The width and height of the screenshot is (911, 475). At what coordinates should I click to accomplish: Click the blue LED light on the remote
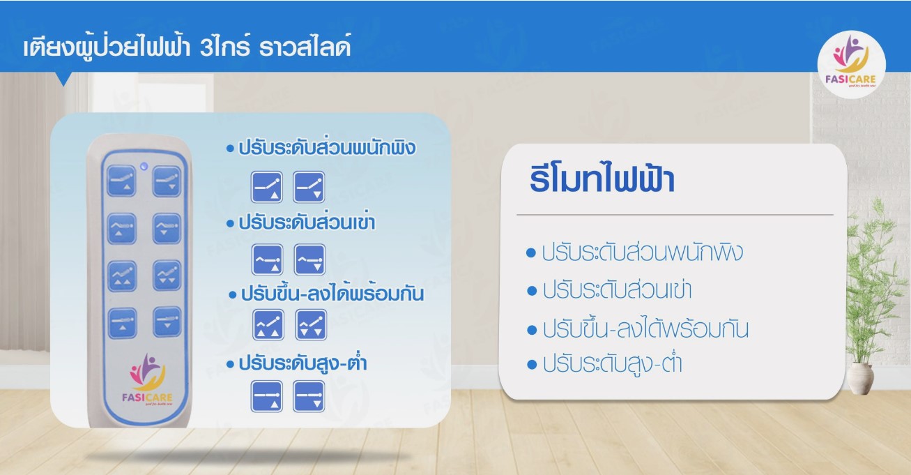(144, 167)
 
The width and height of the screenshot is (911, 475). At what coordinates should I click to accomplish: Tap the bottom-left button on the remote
(122, 323)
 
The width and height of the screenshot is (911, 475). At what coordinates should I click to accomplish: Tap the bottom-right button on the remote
(167, 323)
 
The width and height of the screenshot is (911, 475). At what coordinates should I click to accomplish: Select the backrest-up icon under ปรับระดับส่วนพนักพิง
(267, 186)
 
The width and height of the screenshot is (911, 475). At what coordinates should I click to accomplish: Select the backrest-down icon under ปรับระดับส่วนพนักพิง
(309, 186)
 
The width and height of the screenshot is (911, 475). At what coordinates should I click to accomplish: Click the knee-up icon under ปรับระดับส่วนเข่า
(267, 259)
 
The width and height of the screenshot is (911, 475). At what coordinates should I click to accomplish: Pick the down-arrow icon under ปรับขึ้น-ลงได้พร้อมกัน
(310, 325)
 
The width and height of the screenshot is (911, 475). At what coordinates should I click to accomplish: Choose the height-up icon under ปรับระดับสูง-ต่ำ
(267, 395)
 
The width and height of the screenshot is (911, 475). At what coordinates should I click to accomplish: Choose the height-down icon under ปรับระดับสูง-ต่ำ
(309, 395)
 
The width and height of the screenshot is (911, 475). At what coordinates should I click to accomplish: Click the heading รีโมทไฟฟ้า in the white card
(602, 181)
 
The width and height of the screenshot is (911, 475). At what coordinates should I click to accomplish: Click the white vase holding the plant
(861, 379)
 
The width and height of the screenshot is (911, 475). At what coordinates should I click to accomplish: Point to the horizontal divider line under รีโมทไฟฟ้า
(674, 215)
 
